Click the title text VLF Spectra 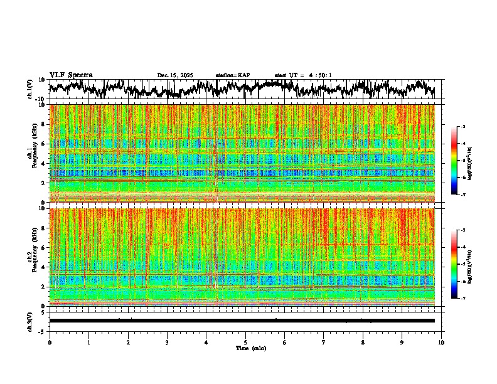[71, 75]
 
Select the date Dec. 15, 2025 [175, 75]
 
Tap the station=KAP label [233, 75]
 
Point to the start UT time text [303, 75]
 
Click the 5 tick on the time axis [245, 342]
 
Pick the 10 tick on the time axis [441, 342]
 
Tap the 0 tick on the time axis [50, 342]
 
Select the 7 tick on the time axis [324, 342]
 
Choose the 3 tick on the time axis [167, 342]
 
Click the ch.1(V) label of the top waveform [29, 89]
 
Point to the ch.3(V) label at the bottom [29, 321]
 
